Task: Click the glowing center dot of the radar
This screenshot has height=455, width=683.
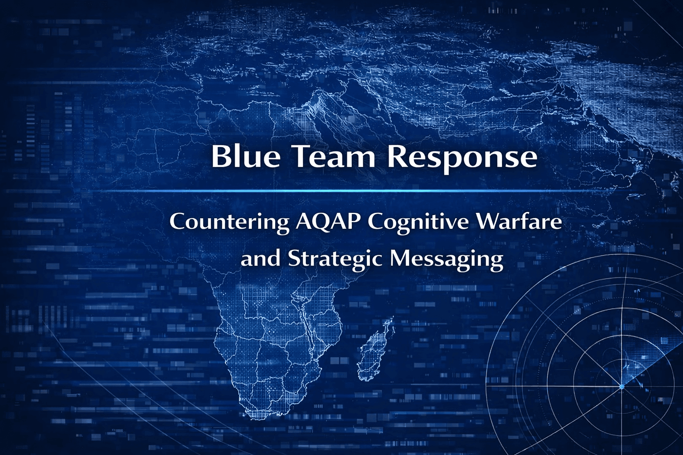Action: point(622,387)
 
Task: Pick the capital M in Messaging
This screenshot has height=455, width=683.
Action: point(401,258)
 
